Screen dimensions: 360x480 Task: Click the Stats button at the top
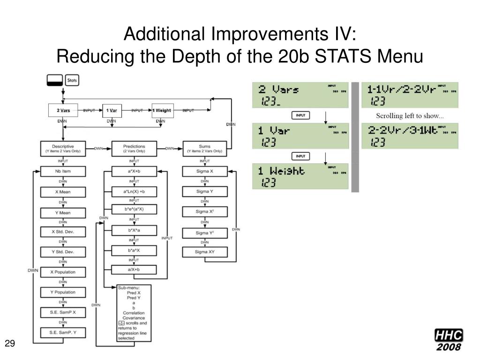pos(72,81)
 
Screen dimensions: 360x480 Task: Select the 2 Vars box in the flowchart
pos(64,111)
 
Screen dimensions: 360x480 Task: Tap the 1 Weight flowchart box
pos(162,111)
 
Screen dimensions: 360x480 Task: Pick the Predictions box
pos(134,149)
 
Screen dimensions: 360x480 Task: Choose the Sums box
pos(204,149)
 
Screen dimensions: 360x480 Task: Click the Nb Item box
pos(62,172)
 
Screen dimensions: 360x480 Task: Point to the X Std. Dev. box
pos(62,232)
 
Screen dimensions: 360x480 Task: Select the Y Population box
pos(62,292)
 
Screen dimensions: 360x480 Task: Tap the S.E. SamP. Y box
pos(62,333)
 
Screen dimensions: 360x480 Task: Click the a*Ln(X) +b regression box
pos(134,192)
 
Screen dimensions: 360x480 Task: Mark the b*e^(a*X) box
pos(134,209)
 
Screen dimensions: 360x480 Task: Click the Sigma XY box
pos(204,252)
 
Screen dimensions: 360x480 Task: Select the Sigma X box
pos(204,172)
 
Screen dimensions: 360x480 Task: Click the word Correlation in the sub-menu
pos(134,313)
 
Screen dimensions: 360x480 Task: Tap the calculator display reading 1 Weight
pos(300,176)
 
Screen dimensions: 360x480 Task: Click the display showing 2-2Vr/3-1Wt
pos(410,135)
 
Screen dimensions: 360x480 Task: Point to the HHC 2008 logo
pos(448,340)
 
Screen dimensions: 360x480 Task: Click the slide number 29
pos(10,345)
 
